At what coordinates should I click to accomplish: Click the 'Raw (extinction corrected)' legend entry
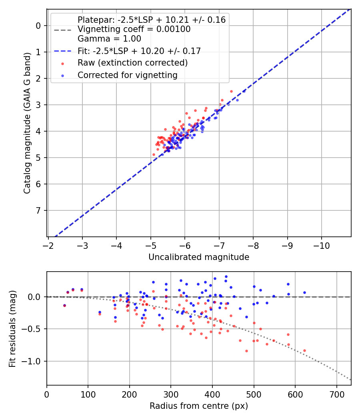tap(132, 63)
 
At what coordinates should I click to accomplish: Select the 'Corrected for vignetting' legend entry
tap(128, 75)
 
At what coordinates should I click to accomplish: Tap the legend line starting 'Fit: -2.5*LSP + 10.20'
tap(139, 51)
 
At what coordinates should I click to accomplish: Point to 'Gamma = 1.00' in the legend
tap(109, 39)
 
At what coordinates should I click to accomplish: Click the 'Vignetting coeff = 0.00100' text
tap(134, 29)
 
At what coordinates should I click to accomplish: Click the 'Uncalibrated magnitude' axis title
tap(199, 257)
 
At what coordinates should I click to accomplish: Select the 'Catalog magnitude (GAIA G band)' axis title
tap(27, 130)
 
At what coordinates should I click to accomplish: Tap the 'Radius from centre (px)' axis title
tap(199, 406)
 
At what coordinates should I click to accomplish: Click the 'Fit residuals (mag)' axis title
tap(12, 328)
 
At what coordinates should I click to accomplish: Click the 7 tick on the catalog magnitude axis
tap(38, 210)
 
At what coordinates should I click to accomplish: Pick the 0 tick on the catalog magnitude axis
tap(38, 26)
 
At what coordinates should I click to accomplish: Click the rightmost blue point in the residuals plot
tap(304, 292)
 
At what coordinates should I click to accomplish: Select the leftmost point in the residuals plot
tap(64, 305)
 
